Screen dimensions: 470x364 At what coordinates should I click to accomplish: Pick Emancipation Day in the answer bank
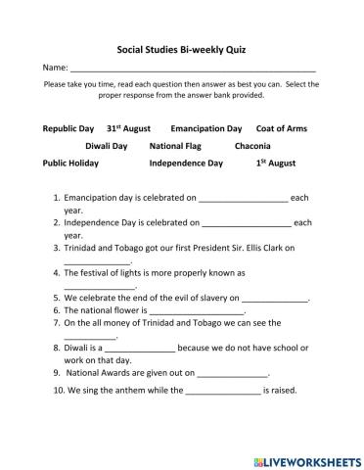tap(205, 128)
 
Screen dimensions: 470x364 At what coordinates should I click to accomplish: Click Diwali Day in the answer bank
tap(106, 145)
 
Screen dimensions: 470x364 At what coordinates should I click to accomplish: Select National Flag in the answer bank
tap(174, 145)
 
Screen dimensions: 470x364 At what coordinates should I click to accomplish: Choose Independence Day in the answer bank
tap(186, 163)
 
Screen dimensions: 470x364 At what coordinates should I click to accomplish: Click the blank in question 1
tap(244, 198)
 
